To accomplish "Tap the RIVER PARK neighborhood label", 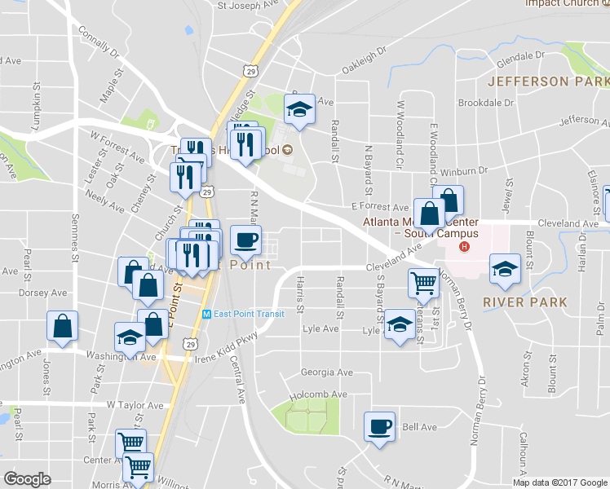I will point(525,302).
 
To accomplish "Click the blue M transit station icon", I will point(206,315).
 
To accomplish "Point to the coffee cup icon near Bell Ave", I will point(379,426).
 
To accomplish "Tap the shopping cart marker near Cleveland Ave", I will point(423,283).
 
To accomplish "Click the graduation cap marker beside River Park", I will point(505,269).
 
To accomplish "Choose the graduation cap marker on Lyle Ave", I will point(398,326).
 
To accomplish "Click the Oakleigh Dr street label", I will point(363,59).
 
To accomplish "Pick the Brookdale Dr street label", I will point(485,104).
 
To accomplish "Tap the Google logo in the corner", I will point(27,479).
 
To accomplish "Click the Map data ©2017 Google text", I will point(560,482).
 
